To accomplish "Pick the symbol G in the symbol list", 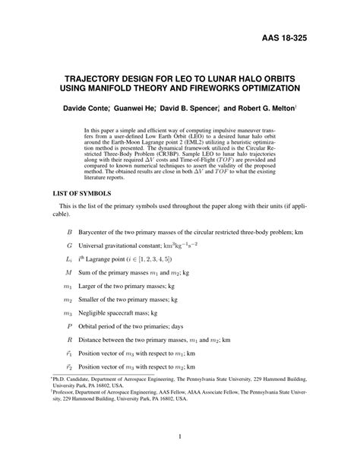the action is (x=69, y=247).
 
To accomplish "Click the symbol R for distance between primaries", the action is (x=69, y=340).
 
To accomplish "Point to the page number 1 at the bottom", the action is (x=179, y=436).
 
